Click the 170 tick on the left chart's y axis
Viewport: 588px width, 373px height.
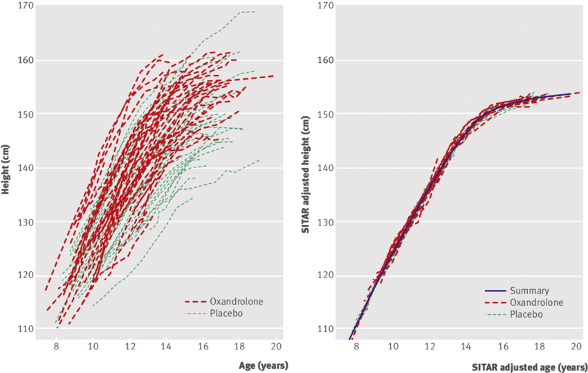click(x=26, y=6)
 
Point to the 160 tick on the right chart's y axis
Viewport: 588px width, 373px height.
click(x=326, y=60)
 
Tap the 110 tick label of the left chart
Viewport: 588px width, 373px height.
click(x=26, y=329)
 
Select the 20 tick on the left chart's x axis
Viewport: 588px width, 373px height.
click(x=275, y=347)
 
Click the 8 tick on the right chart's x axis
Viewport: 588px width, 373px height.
click(x=356, y=347)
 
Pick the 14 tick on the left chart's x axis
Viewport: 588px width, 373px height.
click(x=165, y=347)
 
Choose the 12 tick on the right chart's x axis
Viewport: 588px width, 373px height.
click(x=430, y=347)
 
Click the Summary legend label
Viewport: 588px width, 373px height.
click(x=529, y=291)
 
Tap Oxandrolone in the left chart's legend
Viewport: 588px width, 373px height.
click(x=235, y=302)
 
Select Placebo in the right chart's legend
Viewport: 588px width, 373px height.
click(x=526, y=314)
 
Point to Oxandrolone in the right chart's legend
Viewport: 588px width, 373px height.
click(x=535, y=302)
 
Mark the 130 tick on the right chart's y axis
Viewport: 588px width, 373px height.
click(x=326, y=221)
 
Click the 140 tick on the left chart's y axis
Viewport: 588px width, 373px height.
click(x=26, y=167)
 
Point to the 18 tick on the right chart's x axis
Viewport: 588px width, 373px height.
click(x=540, y=347)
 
